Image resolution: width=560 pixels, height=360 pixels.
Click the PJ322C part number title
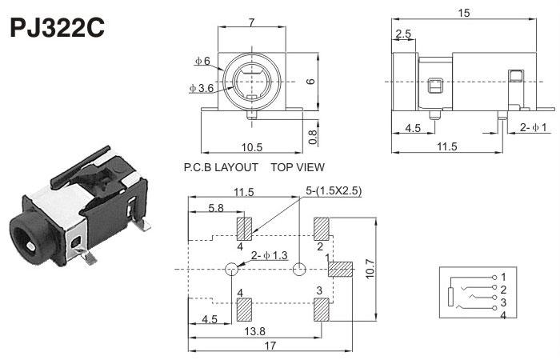point(56,29)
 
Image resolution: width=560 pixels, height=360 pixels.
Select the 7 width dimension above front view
point(252,21)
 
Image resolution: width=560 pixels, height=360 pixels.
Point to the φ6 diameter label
point(202,61)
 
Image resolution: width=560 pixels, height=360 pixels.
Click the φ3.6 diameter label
point(201,88)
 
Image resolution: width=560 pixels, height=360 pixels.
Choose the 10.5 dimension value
point(251,146)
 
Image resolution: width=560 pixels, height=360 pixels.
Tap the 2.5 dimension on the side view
point(403,34)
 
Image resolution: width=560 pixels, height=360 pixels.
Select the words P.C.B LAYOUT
point(221,167)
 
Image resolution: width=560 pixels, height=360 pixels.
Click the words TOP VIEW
point(298,167)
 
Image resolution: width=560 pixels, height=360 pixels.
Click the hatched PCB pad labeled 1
point(341,270)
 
